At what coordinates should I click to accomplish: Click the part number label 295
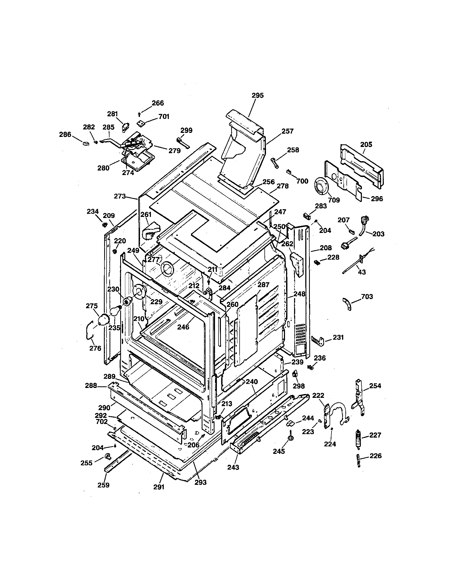pos(257,96)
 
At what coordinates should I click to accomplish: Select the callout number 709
pos(334,200)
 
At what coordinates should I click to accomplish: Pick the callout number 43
pos(362,272)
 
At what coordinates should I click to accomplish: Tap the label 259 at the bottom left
pos(103,485)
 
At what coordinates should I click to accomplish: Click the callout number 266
pos(158,103)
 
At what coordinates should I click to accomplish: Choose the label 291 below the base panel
pos(159,487)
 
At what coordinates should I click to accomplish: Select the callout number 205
pos(366,145)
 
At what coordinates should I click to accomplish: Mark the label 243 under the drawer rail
pos(233,467)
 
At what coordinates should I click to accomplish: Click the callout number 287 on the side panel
pos(263,285)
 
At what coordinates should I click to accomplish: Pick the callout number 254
pos(375,386)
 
